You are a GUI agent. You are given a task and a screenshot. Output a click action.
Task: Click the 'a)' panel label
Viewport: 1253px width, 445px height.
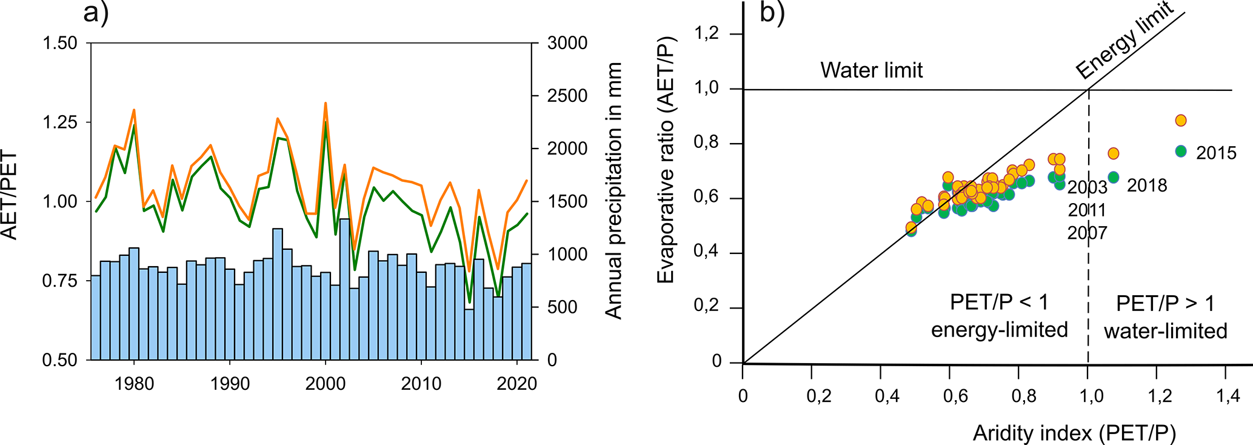pyautogui.click(x=95, y=13)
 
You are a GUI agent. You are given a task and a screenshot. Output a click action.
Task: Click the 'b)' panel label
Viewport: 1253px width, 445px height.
pyautogui.click(x=772, y=13)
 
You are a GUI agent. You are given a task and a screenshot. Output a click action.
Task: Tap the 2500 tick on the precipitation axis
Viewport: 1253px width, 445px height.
pyautogui.click(x=567, y=96)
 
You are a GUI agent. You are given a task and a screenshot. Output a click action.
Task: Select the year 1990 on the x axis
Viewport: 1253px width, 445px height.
pyautogui.click(x=230, y=384)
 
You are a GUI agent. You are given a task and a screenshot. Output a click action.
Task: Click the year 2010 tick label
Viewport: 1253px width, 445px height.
pyautogui.click(x=421, y=384)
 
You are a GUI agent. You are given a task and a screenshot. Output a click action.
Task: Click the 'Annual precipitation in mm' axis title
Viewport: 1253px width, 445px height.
pyautogui.click(x=614, y=190)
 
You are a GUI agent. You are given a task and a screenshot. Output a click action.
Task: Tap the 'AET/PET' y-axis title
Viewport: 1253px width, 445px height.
pyautogui.click(x=10, y=195)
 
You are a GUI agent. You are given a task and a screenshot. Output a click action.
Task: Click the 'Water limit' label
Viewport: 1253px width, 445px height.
pyautogui.click(x=871, y=70)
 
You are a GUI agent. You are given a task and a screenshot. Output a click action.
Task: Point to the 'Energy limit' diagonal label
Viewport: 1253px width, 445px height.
pyautogui.click(x=1124, y=41)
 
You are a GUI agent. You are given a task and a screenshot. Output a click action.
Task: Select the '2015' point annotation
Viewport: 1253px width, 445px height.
pyautogui.click(x=1215, y=153)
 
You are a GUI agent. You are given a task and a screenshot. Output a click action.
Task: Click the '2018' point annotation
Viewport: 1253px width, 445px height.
pyautogui.click(x=1146, y=185)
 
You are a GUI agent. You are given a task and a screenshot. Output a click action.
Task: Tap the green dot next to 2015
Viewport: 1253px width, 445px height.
pyautogui.click(x=1180, y=151)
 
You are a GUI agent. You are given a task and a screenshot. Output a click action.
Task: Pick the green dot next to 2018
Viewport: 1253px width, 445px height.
pyautogui.click(x=1113, y=177)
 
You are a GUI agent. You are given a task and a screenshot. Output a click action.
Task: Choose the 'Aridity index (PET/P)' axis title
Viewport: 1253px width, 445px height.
pyautogui.click(x=1074, y=433)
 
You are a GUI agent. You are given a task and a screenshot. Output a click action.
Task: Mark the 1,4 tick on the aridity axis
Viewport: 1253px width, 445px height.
pyautogui.click(x=1228, y=396)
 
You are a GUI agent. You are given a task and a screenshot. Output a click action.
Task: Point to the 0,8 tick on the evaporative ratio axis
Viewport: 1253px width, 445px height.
pyautogui.click(x=706, y=143)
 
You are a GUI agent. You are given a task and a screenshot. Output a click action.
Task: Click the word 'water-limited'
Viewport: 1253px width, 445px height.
pyautogui.click(x=1165, y=331)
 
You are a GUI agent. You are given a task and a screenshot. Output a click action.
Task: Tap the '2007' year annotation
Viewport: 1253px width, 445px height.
pyautogui.click(x=1087, y=233)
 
